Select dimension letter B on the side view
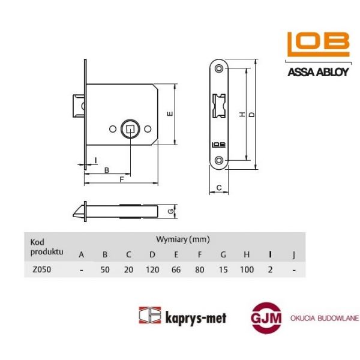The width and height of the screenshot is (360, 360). tap(107, 170)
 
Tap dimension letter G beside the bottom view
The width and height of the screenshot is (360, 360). tap(170, 212)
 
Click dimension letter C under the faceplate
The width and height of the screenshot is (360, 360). tap(219, 188)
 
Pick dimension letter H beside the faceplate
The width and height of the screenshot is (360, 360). tap(241, 114)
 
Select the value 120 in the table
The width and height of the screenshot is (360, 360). tap(152, 269)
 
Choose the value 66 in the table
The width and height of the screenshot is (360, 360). tap(176, 269)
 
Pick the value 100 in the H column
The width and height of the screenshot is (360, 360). tap(246, 269)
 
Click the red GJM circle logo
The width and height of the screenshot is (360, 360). tap(266, 317)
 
